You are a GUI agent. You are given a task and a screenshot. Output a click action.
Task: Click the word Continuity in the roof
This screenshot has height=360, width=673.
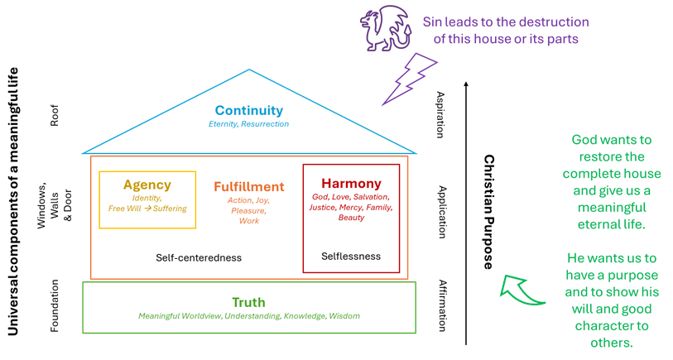[248, 110]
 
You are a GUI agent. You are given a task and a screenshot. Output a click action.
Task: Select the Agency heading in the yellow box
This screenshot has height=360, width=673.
[147, 185]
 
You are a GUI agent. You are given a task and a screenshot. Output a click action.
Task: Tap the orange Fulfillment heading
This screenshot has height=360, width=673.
[248, 187]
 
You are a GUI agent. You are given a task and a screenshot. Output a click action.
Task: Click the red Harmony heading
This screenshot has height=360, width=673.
[351, 183]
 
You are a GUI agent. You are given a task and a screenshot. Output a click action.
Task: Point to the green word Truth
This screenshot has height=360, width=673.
[248, 302]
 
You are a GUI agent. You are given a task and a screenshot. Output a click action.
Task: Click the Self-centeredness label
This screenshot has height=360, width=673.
[199, 257]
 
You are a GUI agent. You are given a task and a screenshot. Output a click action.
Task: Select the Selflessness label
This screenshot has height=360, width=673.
[351, 257]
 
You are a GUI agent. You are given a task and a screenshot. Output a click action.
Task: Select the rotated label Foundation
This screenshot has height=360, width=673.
[55, 307]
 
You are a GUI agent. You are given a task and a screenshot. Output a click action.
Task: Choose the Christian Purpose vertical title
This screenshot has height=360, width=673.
[489, 212]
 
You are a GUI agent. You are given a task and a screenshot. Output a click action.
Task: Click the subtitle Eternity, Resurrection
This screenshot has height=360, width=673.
[248, 124]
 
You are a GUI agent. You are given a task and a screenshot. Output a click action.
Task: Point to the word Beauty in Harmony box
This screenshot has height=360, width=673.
[351, 218]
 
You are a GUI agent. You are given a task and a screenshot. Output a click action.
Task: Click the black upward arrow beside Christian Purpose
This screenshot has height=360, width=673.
[467, 207]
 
